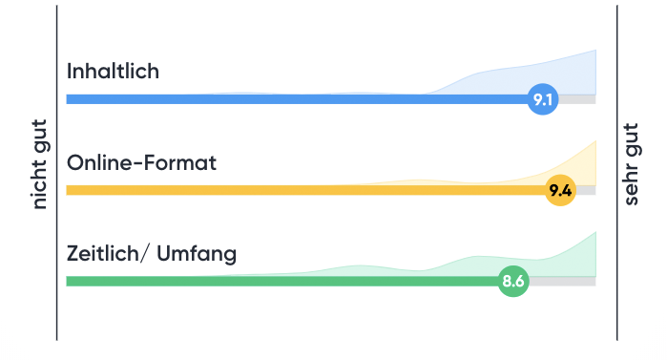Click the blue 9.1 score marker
543,99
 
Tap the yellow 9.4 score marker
560,190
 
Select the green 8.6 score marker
513,281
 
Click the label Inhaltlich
113,72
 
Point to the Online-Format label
141,162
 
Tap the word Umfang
196,254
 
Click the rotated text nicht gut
40,172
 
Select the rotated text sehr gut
631,164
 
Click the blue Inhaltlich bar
286,99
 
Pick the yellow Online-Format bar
286,190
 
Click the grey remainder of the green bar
563,281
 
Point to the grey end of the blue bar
577,99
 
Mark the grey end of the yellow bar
586,190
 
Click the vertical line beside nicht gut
57,172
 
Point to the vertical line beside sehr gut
617,172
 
